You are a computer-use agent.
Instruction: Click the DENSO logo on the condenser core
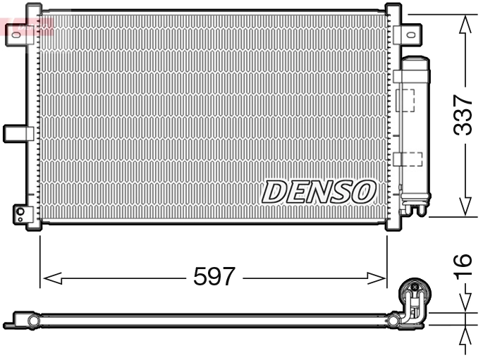319,191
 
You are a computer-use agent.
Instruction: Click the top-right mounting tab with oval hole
408,34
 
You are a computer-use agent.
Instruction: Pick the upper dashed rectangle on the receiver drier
406,99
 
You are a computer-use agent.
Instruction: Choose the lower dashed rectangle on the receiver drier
408,159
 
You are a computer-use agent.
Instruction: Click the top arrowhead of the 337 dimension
463,25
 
